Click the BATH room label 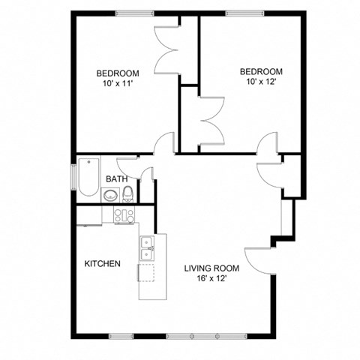coord(115,179)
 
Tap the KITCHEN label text coord(102,264)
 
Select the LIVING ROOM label coord(211,268)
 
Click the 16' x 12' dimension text coord(211,278)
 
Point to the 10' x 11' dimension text coord(118,83)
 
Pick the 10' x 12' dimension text coord(261,82)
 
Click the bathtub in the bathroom coord(89,175)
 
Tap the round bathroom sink coord(111,196)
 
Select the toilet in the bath coord(128,193)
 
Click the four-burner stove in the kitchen coord(123,214)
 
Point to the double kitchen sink coord(146,242)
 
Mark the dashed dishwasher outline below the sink coord(146,271)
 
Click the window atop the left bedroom coord(135,13)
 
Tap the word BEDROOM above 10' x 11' coord(118,73)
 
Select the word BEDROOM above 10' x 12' coord(261,71)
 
